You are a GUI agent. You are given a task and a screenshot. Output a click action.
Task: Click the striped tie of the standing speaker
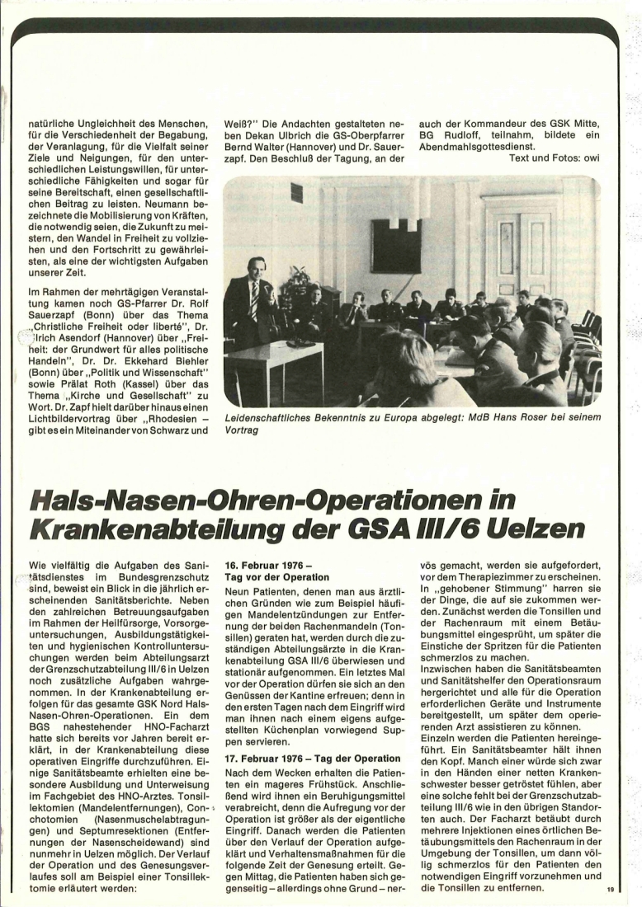point(253,301)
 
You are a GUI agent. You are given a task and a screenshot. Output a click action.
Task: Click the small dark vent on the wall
point(296,193)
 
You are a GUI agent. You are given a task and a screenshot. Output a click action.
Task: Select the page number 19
point(611,889)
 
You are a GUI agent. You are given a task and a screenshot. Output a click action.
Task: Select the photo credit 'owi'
point(589,157)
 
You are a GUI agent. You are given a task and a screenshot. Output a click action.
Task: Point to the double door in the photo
point(524,256)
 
